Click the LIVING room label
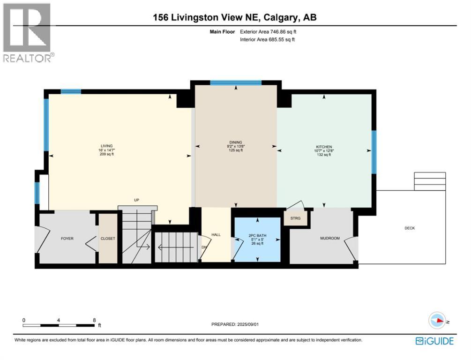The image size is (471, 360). pos(107,146)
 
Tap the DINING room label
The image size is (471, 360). pos(235,142)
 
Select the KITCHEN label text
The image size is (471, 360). pos(324,147)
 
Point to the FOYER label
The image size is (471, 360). pos(67,239)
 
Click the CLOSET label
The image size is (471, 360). pos(108,239)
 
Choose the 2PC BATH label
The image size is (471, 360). pos(257,236)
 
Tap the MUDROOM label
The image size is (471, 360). pos(330,238)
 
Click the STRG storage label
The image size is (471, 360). pos(295,218)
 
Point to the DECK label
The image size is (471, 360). pos(410,228)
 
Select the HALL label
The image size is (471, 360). pos(216,235)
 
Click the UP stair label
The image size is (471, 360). pos(137,200)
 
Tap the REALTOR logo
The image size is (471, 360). pos(28,33)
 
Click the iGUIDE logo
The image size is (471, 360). pos(434,341)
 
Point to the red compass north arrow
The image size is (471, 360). pos(440,320)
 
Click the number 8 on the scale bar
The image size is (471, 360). pos(94,320)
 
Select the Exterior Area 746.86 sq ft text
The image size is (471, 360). pos(268,31)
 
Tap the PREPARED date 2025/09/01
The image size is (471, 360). pos(235,324)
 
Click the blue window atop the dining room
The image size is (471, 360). pos(235,82)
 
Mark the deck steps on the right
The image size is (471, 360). pos(430,181)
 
